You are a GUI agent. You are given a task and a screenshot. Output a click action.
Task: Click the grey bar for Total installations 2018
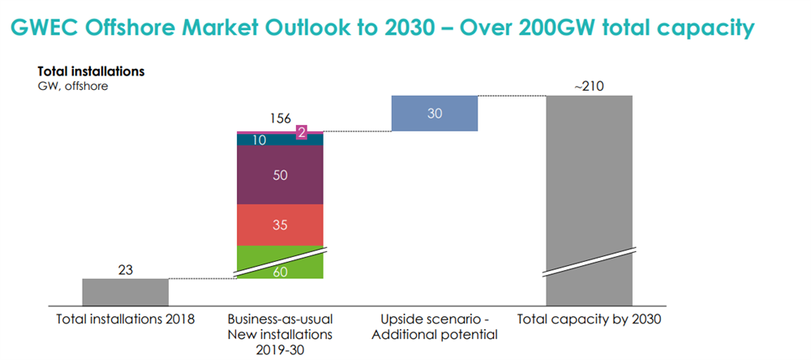[x=125, y=290]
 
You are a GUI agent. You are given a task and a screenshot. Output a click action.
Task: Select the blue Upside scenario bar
[x=434, y=114]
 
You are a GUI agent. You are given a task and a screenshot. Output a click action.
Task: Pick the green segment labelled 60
[x=280, y=268]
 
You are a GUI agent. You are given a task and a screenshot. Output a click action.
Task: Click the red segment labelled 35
[x=280, y=225]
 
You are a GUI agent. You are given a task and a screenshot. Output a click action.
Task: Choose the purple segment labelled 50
[x=280, y=175]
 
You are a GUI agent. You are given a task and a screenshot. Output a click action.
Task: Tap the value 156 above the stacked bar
[x=280, y=118]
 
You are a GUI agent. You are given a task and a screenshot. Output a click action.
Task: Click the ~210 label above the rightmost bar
[x=589, y=85]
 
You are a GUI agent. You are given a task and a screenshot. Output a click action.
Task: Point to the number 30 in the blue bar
[x=435, y=114]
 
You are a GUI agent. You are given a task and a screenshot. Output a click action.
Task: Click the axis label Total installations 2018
[x=125, y=319]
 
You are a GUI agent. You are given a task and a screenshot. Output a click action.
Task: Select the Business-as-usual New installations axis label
[x=280, y=327]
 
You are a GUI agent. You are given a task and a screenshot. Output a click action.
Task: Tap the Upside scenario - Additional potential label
[x=435, y=327]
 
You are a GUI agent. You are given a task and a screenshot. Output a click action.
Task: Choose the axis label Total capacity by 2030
[x=589, y=319]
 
